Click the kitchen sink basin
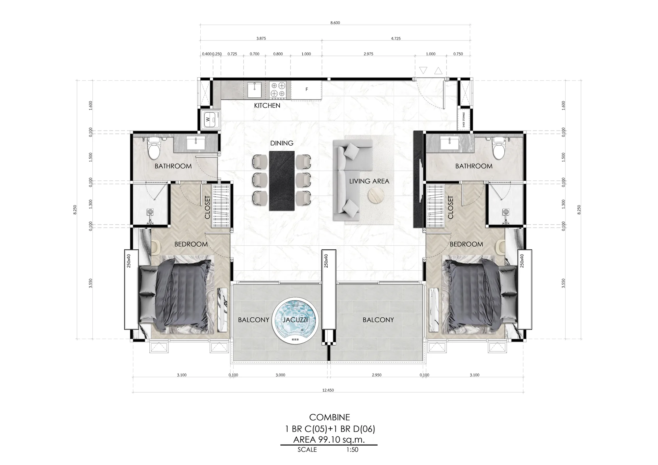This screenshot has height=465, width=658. pyautogui.click(x=254, y=90)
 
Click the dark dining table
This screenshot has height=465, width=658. pyautogui.click(x=282, y=181)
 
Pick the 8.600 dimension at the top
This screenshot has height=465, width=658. pyautogui.click(x=335, y=23)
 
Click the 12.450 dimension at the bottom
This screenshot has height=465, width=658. pyautogui.click(x=328, y=390)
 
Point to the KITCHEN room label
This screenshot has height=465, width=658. pyautogui.click(x=267, y=106)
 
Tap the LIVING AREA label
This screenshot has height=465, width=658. pyautogui.click(x=369, y=181)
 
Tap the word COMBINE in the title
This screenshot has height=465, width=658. pyautogui.click(x=329, y=417)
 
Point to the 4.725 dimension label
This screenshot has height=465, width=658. pyautogui.click(x=396, y=38)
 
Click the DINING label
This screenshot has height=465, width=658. pyautogui.click(x=282, y=143)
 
